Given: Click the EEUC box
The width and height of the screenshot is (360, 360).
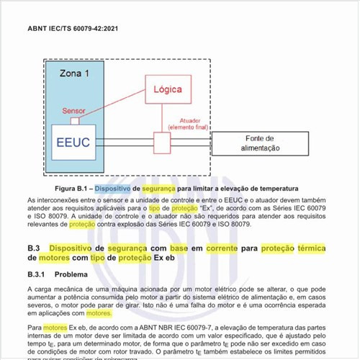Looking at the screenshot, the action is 73,142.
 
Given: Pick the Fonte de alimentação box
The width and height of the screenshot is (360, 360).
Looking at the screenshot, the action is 258,143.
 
